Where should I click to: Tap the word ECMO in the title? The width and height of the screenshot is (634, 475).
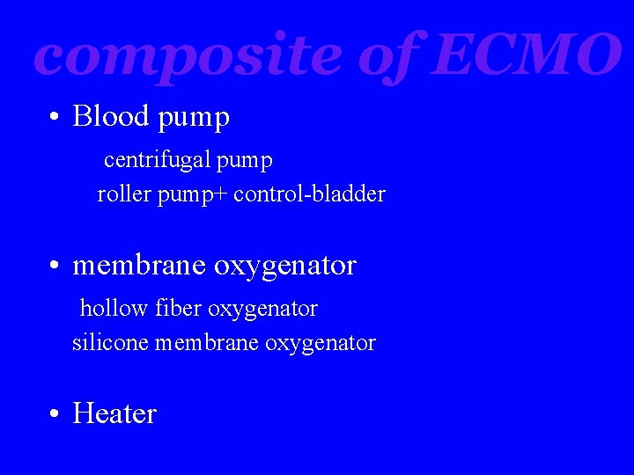(526, 55)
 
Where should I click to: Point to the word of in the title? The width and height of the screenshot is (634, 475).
(389, 55)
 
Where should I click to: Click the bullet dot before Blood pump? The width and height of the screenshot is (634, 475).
(55, 117)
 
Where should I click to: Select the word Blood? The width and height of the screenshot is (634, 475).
(107, 116)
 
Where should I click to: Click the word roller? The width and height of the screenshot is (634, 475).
(124, 194)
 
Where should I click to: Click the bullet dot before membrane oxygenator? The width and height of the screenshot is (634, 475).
(55, 266)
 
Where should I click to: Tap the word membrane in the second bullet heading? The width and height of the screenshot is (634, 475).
(140, 265)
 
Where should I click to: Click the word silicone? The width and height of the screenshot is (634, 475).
(110, 342)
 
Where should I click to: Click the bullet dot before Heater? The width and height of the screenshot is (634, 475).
(55, 414)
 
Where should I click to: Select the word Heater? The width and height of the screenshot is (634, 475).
(114, 413)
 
